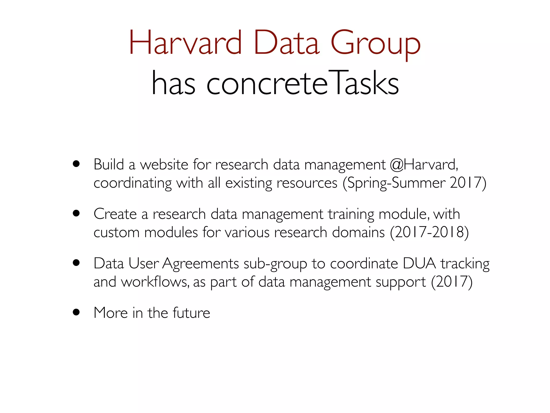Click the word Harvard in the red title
(x=185, y=43)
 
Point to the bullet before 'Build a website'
(x=76, y=164)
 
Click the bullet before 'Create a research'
(x=76, y=213)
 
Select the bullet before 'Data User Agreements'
(x=76, y=263)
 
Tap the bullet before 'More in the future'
(x=76, y=312)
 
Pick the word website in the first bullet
(x=164, y=165)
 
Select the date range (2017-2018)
(x=429, y=232)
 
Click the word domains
(x=358, y=232)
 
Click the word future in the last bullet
(x=191, y=313)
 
